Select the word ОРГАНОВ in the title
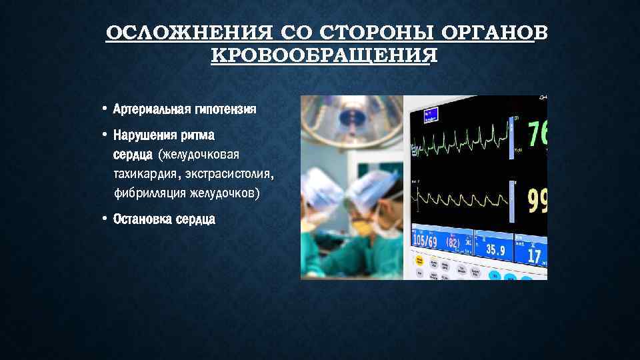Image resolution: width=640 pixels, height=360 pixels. click(x=489, y=33)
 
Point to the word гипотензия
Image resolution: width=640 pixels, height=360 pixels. click(x=224, y=109)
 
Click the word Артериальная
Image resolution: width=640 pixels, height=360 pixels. click(x=151, y=109)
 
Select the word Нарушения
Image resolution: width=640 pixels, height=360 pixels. click(x=145, y=135)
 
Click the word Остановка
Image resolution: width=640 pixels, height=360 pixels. click(x=143, y=219)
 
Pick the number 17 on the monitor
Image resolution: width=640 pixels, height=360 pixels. click(x=534, y=255)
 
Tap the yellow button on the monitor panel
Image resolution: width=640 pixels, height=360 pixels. click(x=419, y=259)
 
